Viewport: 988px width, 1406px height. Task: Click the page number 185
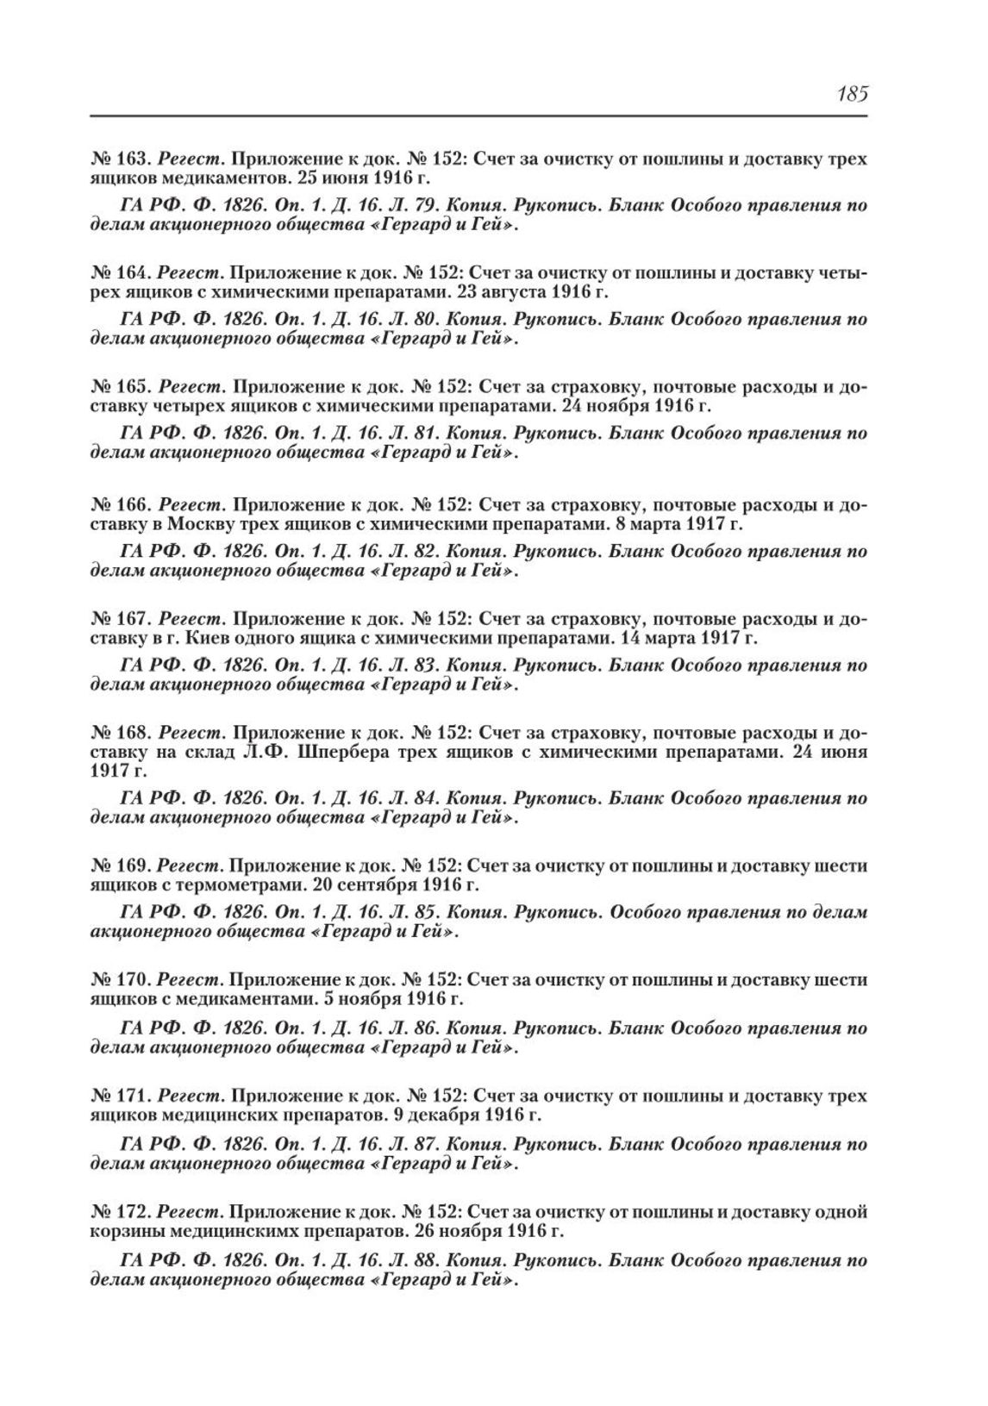(850, 93)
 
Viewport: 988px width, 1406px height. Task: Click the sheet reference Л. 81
(466, 434)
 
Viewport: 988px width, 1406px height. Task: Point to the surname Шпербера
(366, 753)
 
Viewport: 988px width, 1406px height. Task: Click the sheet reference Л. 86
(466, 1029)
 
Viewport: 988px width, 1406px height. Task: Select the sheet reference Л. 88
(466, 1260)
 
